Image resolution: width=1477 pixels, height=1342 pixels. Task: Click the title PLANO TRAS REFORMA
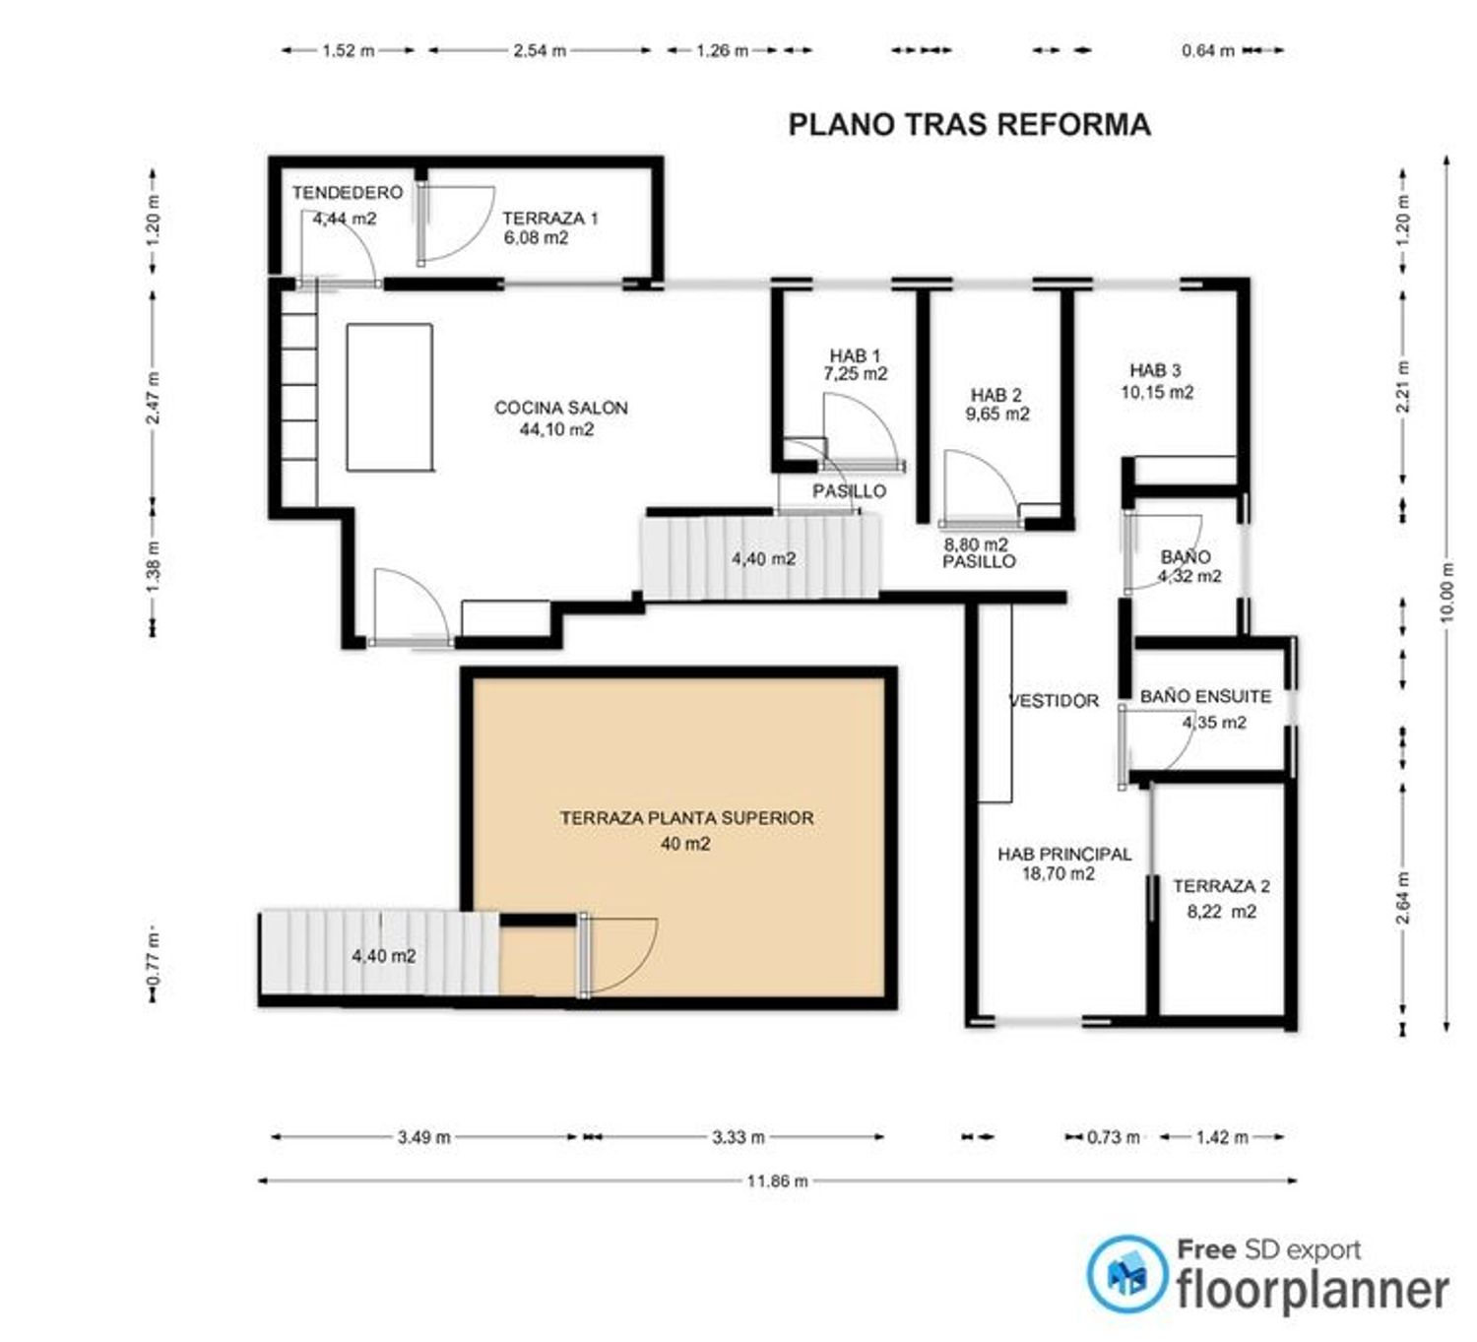pyautogui.click(x=969, y=124)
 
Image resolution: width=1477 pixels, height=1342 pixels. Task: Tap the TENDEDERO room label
pyautogui.click(x=348, y=192)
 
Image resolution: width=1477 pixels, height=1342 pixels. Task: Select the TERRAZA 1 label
pyautogui.click(x=550, y=218)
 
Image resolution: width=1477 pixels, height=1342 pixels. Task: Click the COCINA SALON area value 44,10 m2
pyautogui.click(x=556, y=429)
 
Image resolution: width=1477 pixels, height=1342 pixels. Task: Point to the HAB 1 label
pyautogui.click(x=855, y=355)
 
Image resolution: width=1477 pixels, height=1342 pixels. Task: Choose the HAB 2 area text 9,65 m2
pyautogui.click(x=996, y=414)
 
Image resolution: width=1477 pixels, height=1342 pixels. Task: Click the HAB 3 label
pyautogui.click(x=1155, y=370)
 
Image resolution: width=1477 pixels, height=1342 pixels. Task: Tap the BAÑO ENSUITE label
pyautogui.click(x=1205, y=696)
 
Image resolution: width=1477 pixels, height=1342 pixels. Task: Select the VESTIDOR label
pyautogui.click(x=1055, y=700)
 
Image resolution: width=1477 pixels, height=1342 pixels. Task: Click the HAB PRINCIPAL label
pyautogui.click(x=1064, y=855)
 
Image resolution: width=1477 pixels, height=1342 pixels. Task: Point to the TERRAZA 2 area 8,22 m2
pyautogui.click(x=1222, y=912)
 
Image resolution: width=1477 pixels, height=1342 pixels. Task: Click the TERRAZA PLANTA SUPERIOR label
pyautogui.click(x=687, y=817)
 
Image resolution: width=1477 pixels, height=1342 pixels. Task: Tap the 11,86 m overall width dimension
pyautogui.click(x=778, y=1182)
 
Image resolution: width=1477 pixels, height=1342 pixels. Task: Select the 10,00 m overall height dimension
pyautogui.click(x=1447, y=592)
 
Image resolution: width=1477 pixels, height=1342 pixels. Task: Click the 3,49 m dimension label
pyautogui.click(x=424, y=1137)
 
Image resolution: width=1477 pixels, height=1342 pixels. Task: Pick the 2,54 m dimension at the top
pyautogui.click(x=540, y=51)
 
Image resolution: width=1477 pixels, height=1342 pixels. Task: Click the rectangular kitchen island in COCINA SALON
pyautogui.click(x=390, y=397)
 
